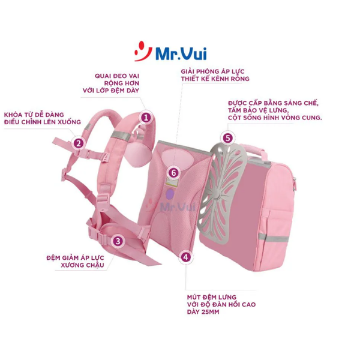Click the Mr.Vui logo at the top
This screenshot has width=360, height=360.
click(x=170, y=52)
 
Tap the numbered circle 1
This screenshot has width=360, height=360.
click(x=146, y=118)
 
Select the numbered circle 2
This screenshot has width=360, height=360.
click(x=79, y=143)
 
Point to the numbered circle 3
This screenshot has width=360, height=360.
click(x=118, y=241)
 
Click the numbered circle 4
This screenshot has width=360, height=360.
click(x=185, y=257)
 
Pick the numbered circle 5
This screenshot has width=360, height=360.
click(x=228, y=138)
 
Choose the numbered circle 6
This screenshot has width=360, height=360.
click(x=173, y=173)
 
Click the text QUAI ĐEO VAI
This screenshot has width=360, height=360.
click(x=117, y=76)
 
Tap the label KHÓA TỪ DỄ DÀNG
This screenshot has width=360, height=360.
click(x=34, y=115)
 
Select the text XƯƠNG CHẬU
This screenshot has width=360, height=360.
click(x=82, y=265)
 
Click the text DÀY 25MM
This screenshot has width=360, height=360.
click(x=203, y=312)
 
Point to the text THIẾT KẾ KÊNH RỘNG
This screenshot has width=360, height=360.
click(x=215, y=79)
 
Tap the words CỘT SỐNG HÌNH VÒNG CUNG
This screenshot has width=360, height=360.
click(x=275, y=118)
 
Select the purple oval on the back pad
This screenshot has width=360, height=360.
click(x=170, y=194)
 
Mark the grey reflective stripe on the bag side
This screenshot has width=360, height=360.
click(x=273, y=238)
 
